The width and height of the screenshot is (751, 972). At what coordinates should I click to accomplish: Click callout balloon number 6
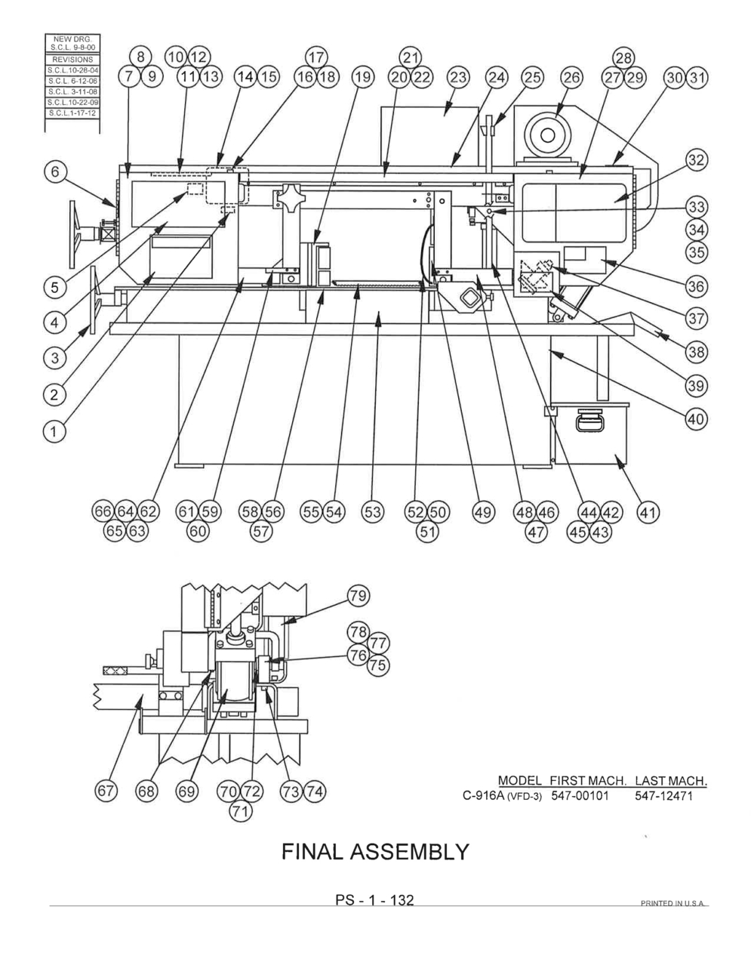(54, 172)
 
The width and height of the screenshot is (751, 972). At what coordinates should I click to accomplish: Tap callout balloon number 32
(696, 160)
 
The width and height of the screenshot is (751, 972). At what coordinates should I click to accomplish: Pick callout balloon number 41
(648, 513)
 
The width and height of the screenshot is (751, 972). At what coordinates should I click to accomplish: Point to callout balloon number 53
(372, 513)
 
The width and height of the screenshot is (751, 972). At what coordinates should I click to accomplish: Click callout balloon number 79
(357, 597)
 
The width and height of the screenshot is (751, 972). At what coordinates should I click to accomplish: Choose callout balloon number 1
(54, 430)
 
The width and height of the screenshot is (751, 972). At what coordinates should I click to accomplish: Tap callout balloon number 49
(483, 513)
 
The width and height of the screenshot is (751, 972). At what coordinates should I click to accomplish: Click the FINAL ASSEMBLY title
(375, 852)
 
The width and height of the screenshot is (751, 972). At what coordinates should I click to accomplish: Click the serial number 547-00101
(580, 796)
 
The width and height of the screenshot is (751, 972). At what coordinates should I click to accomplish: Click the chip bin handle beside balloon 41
(589, 417)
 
